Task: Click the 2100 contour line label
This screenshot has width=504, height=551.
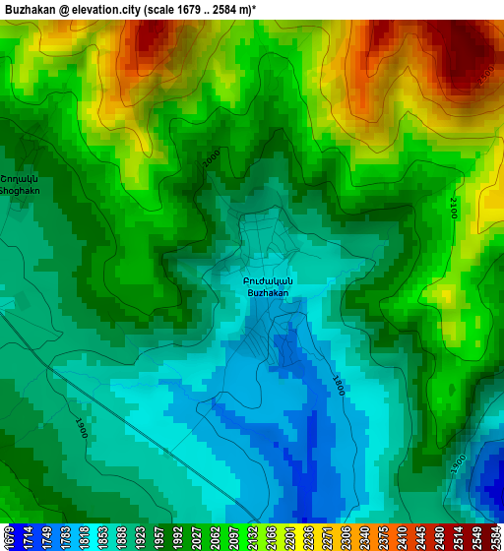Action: pyautogui.click(x=454, y=208)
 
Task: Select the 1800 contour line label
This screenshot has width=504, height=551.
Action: pyautogui.click(x=339, y=385)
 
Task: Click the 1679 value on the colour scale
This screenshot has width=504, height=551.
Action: pyautogui.click(x=9, y=537)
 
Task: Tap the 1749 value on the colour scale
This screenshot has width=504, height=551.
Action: pyautogui.click(x=43, y=537)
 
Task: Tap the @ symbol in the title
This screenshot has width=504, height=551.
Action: pyautogui.click(x=64, y=10)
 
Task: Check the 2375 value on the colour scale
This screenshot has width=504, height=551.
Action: pyautogui.click(x=387, y=537)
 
